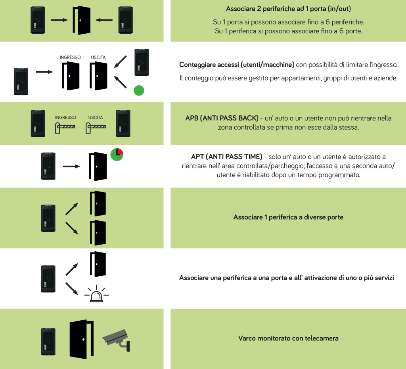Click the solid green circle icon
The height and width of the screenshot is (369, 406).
click(139, 91)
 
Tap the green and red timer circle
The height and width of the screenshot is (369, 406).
click(117, 155)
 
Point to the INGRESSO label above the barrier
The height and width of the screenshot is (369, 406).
click(65, 117)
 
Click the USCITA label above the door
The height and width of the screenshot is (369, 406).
click(98, 57)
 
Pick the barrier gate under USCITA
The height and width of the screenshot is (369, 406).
click(96, 127)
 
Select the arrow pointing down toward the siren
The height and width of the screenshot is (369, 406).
click(71, 288)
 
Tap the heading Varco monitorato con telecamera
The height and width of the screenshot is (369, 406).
click(288, 338)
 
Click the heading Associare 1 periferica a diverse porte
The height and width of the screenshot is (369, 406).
click(288, 217)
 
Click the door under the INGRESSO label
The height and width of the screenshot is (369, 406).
click(70, 76)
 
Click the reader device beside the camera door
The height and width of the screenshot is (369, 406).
click(48, 341)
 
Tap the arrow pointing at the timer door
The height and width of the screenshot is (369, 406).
click(72, 165)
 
